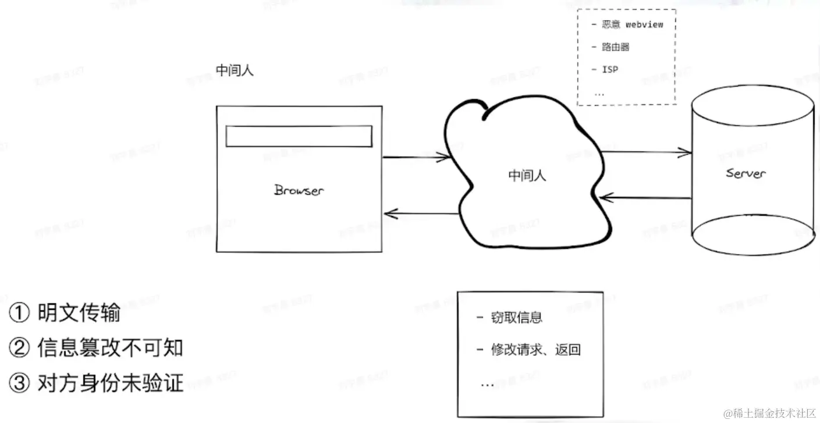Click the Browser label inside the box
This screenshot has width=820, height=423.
[299, 190]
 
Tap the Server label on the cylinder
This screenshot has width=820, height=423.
[746, 173]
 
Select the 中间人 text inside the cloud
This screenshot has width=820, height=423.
[527, 175]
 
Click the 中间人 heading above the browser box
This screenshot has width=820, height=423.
[235, 71]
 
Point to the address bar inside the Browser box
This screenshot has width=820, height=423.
[299, 136]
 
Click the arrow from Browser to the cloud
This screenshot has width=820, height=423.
[416, 157]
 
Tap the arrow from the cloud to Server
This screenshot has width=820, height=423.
[646, 152]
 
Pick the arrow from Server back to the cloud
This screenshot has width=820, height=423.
[646, 198]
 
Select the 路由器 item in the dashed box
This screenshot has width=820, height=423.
[616, 47]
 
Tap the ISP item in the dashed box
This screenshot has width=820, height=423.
[609, 69]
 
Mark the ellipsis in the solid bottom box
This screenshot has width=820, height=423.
[487, 385]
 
